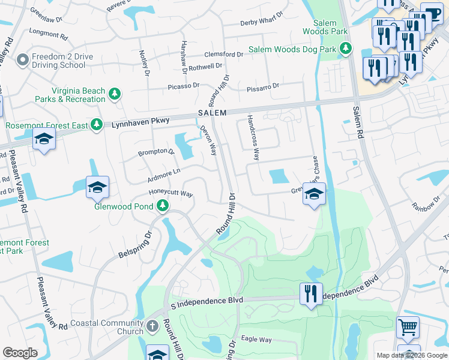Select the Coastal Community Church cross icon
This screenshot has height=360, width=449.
[x=152, y=327]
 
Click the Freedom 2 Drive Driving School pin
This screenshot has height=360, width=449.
[x=23, y=60]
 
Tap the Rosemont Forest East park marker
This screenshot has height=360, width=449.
[x=96, y=125]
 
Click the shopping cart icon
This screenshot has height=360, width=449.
[x=408, y=328]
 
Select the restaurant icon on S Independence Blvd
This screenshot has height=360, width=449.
[x=311, y=293]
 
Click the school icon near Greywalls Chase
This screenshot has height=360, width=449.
[x=313, y=194]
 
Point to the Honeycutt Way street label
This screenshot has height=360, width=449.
[x=171, y=194]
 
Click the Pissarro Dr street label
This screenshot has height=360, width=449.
[x=263, y=88]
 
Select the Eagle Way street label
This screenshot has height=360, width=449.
[x=256, y=340]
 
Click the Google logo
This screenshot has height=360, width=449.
[x=20, y=353]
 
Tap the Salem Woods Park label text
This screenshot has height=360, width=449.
[x=325, y=27]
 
